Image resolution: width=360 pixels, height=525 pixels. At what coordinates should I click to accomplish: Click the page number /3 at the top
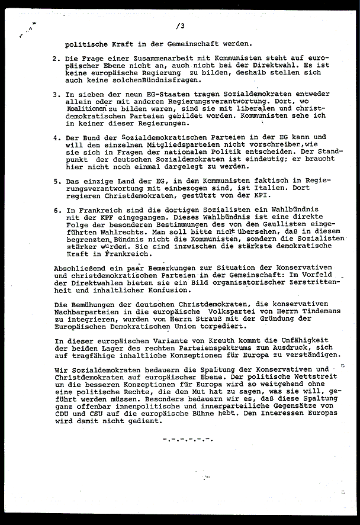pyautogui.click(x=181, y=26)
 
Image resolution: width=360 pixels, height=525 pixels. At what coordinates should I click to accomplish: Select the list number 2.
pyautogui.click(x=55, y=60)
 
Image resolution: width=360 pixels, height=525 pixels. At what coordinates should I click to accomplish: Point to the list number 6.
pyautogui.click(x=55, y=209)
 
